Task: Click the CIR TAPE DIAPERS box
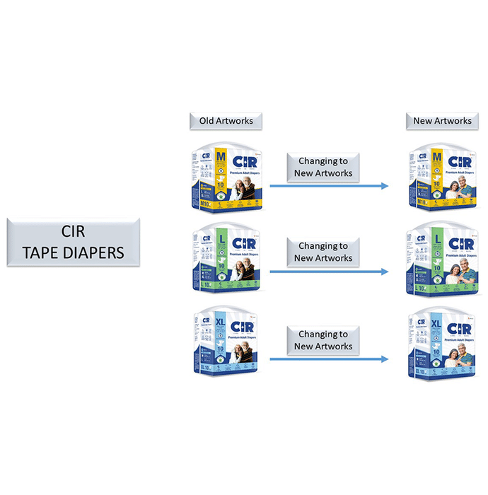[74, 241]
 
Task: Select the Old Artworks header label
[226, 121]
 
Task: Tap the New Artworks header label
[442, 121]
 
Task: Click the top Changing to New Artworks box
[323, 167]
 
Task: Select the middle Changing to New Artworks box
[323, 252]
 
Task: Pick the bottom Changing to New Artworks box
[323, 340]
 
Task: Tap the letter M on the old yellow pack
[221, 156]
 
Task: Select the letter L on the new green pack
[437, 240]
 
